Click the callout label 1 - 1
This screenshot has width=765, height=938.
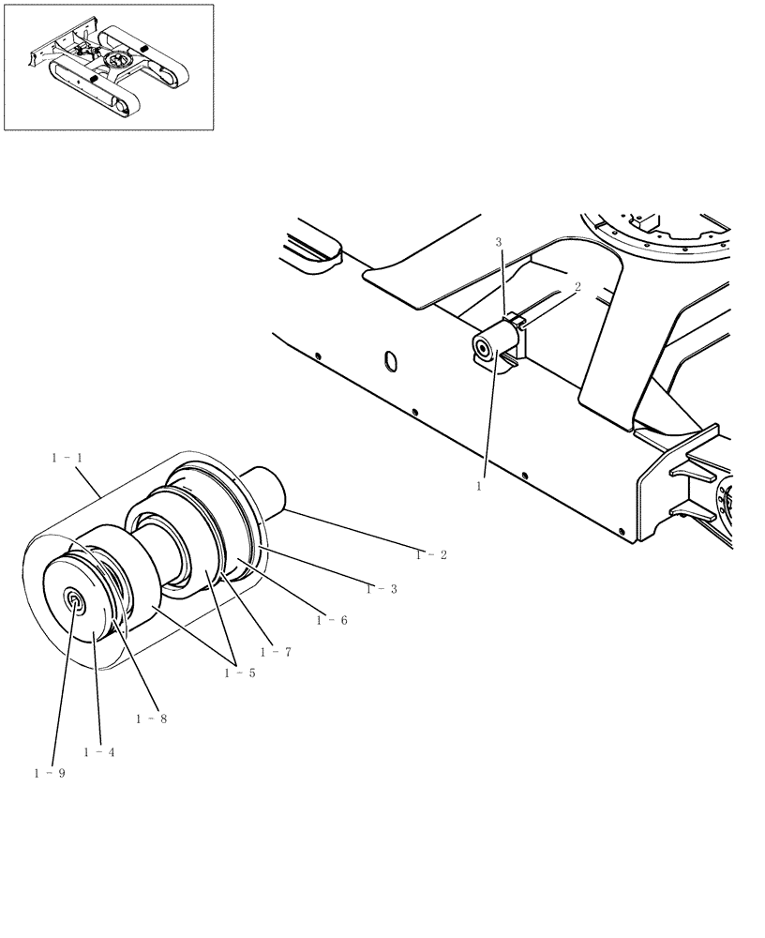pyautogui.click(x=67, y=457)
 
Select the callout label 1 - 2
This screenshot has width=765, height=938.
pyautogui.click(x=431, y=554)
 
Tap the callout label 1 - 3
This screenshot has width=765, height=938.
pyautogui.click(x=382, y=588)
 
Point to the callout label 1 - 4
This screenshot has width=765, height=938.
pyautogui.click(x=98, y=752)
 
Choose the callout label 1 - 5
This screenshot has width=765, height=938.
pyautogui.click(x=239, y=673)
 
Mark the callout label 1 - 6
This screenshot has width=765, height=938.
pyautogui.click(x=332, y=620)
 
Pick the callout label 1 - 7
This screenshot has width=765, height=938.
pyautogui.click(x=276, y=651)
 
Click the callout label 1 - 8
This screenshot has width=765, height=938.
pyautogui.click(x=151, y=719)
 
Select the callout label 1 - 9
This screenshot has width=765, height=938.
pyautogui.click(x=49, y=773)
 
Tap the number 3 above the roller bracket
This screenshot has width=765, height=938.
pyautogui.click(x=499, y=243)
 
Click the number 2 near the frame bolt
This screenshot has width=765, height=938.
pyautogui.click(x=577, y=288)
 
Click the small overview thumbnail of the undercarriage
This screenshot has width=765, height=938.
pyautogui.click(x=109, y=67)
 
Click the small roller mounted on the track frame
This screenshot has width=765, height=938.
pyautogui.click(x=493, y=350)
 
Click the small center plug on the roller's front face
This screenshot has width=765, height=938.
pyautogui.click(x=73, y=601)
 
